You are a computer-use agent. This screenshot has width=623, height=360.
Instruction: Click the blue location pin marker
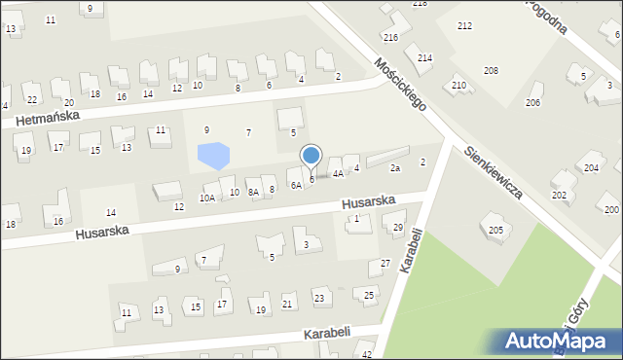click(x=311, y=156)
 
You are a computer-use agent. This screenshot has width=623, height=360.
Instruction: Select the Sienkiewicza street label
click(x=494, y=172)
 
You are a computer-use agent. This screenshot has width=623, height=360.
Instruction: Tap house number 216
click(x=390, y=37)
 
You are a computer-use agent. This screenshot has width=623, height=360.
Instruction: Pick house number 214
click(x=425, y=58)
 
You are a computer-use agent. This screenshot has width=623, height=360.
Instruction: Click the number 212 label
click(x=464, y=25)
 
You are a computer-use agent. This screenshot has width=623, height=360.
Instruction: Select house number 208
click(x=491, y=70)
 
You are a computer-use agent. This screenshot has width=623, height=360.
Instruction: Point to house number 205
click(x=495, y=230)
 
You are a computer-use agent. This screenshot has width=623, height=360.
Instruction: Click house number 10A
click(x=207, y=198)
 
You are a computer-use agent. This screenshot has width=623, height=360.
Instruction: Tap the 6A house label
click(x=295, y=185)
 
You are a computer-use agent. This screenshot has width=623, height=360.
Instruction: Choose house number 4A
click(x=338, y=174)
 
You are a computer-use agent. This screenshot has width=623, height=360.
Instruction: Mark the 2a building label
click(x=395, y=168)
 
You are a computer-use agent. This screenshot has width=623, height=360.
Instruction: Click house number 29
click(x=398, y=228)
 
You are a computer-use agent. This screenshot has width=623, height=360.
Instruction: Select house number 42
click(x=367, y=355)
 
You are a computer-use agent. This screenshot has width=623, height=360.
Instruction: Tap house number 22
click(x=32, y=99)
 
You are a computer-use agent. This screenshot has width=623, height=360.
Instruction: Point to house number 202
click(x=559, y=195)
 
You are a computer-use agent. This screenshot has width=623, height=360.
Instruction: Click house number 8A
click(x=253, y=193)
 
